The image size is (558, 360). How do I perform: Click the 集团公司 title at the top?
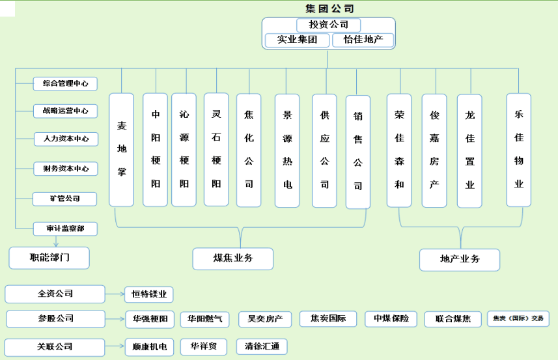click(x=329, y=8)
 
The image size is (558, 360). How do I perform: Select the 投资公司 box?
click(x=329, y=25)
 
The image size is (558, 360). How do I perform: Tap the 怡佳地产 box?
click(x=363, y=40)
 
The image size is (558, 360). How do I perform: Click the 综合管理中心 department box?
click(x=65, y=83)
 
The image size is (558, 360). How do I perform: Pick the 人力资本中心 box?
click(x=66, y=139)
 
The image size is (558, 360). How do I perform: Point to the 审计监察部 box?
click(x=66, y=228)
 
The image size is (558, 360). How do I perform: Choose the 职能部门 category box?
click(x=49, y=258)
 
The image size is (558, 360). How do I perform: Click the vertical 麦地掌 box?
click(x=122, y=150)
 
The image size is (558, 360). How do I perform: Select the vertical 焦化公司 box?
click(x=249, y=150)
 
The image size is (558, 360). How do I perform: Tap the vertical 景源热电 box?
click(x=287, y=150)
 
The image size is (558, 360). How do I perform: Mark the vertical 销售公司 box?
click(x=358, y=152)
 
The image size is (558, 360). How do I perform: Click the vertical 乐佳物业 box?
click(x=519, y=150)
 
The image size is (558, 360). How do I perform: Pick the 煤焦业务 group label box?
click(x=233, y=258)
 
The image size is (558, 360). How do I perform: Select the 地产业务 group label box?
click(x=460, y=259)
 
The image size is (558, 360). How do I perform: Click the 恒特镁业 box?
click(x=149, y=295)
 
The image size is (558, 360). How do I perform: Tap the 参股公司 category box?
click(x=55, y=319)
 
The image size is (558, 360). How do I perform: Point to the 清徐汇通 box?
click(x=261, y=347)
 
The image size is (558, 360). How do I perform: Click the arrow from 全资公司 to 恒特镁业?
click(x=115, y=295)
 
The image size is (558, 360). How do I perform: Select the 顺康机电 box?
click(x=149, y=347)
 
